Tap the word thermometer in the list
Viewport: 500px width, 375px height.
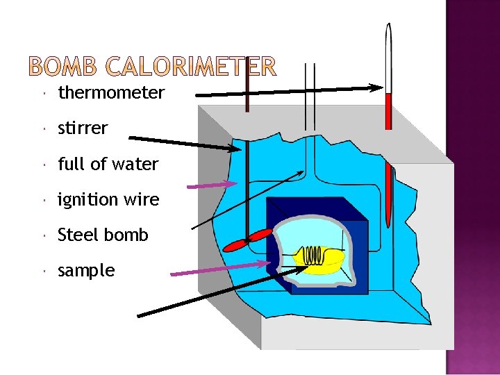111,92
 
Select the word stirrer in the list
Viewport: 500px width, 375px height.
83,128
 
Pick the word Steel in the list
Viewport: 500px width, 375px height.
77,235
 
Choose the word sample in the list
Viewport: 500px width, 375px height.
86,271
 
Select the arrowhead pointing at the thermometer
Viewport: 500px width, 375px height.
376,87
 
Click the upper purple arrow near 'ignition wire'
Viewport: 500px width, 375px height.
212,184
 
